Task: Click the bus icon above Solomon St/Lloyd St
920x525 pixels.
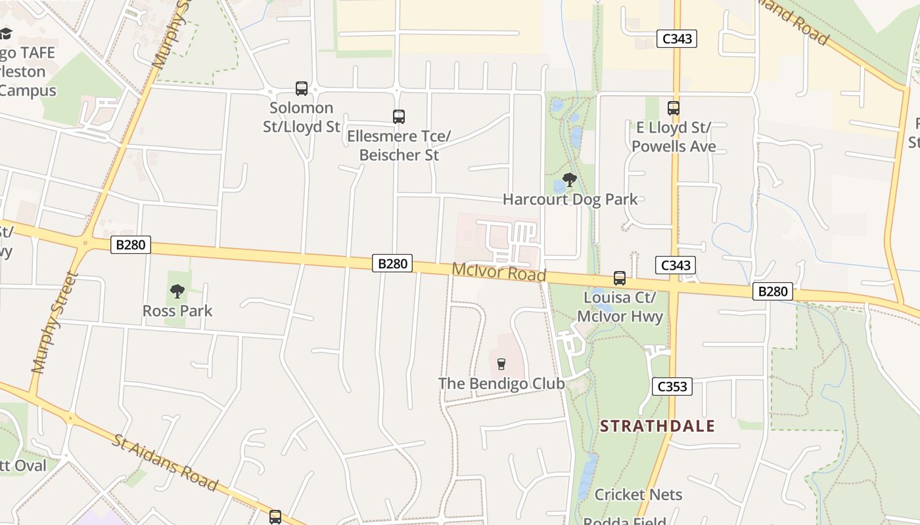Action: [302, 89]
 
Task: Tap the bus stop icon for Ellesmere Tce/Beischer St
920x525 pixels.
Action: [399, 117]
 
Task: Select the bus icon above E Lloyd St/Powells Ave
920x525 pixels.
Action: [674, 108]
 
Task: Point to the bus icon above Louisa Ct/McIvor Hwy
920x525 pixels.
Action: [620, 278]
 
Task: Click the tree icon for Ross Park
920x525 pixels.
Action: [177, 291]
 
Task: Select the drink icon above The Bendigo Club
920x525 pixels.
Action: [501, 364]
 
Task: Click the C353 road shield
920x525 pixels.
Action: [672, 387]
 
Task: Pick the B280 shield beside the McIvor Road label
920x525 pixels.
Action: [393, 264]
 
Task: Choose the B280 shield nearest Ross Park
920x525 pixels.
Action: [131, 245]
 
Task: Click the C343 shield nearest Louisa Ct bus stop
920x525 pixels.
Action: [676, 265]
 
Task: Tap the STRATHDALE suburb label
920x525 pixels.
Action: [657, 426]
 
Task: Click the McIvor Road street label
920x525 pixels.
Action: [499, 271]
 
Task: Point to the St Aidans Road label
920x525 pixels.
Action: [164, 462]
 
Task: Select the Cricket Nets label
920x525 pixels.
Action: [638, 494]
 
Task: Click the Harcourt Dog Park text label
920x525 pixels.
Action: [570, 199]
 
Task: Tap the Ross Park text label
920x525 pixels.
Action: [177, 310]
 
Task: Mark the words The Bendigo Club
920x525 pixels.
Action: [501, 383]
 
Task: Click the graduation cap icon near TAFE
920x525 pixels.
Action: [6, 33]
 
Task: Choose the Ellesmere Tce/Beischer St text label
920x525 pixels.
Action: [399, 146]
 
